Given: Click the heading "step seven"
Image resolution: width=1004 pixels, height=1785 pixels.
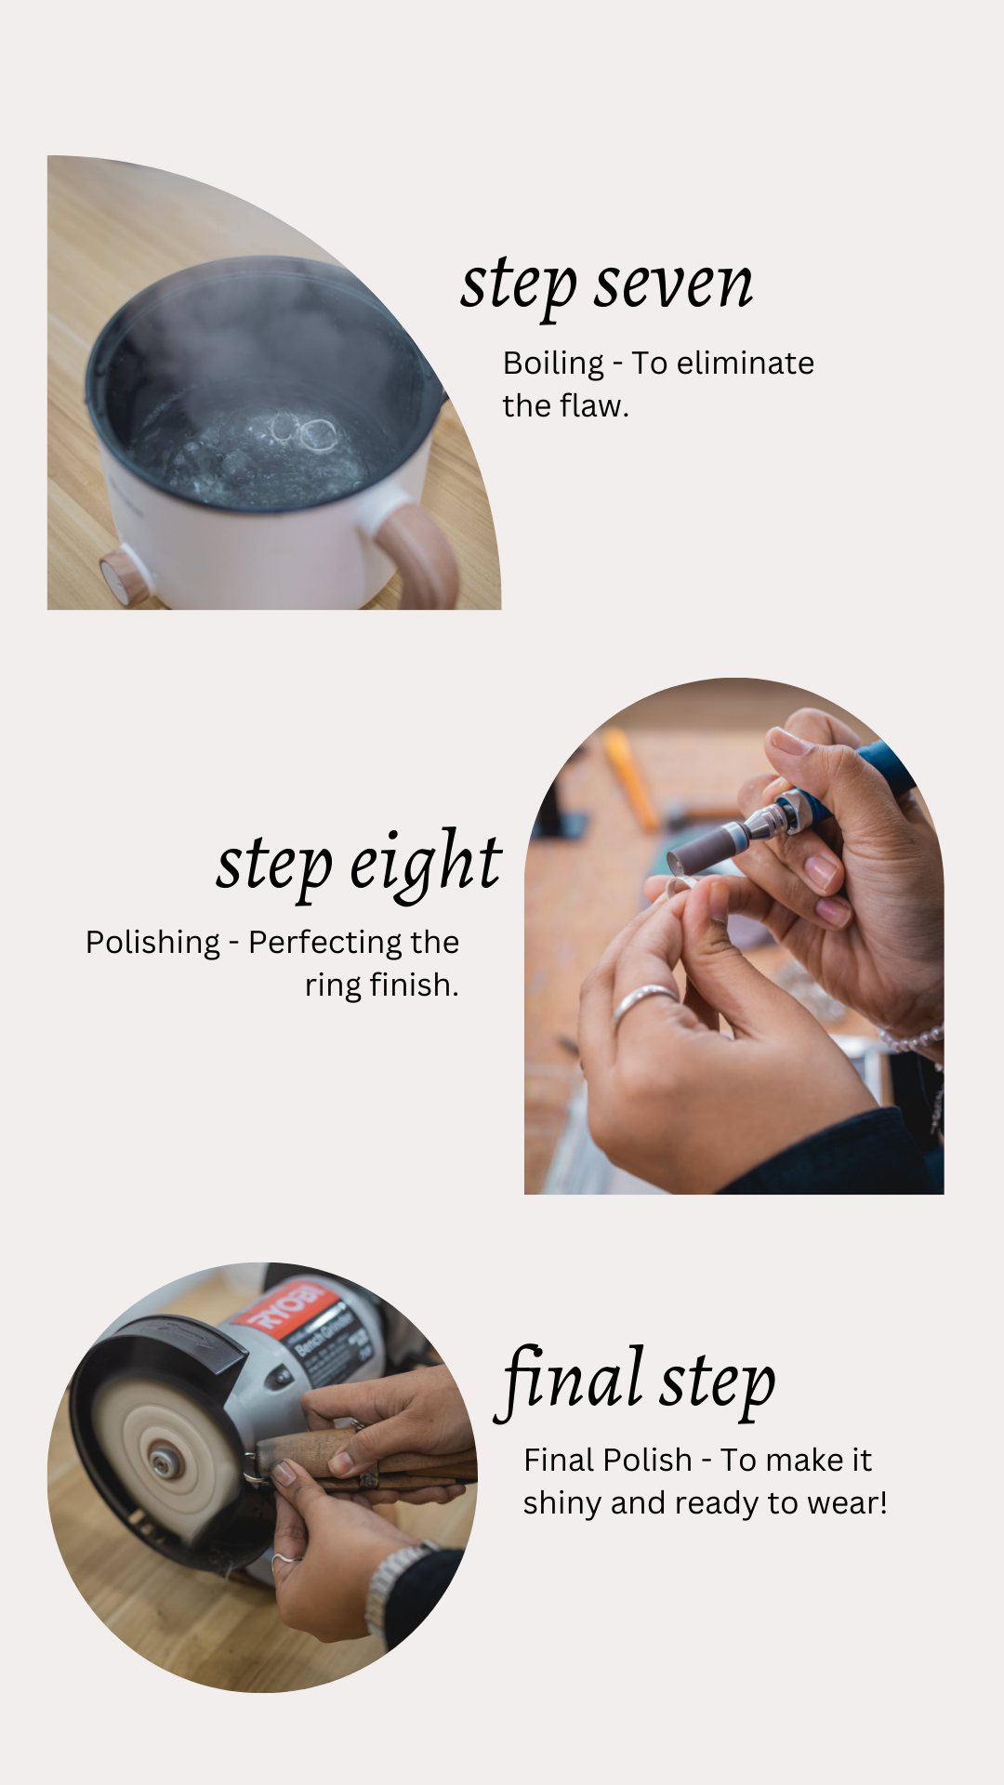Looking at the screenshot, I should [606, 284].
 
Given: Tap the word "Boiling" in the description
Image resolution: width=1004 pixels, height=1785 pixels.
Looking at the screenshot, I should [553, 363].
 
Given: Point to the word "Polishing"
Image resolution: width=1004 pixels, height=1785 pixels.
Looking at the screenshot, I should [152, 942].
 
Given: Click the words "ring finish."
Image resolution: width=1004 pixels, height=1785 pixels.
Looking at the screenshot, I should [382, 985].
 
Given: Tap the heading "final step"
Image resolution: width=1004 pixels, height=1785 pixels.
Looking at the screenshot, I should [637, 1381].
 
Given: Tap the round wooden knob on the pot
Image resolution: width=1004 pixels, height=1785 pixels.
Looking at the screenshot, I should [118, 577].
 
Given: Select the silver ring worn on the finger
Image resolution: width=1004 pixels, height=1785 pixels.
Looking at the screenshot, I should [641, 1000].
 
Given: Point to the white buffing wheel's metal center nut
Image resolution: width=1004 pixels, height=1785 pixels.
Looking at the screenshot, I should [165, 1465].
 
